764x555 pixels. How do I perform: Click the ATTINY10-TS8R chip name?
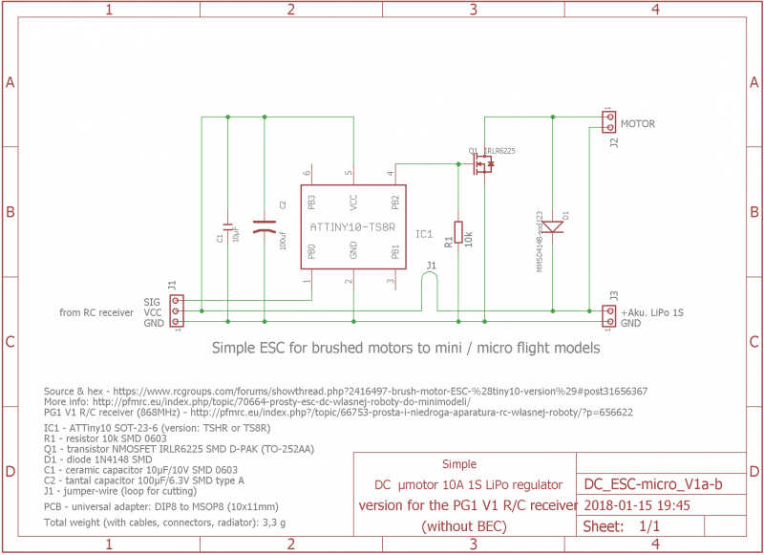[x=353, y=227]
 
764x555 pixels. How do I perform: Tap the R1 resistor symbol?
[x=458, y=232]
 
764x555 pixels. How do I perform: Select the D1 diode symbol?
[x=553, y=225]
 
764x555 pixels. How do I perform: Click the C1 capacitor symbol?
[x=228, y=226]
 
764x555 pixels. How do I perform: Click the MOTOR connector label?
[x=638, y=124]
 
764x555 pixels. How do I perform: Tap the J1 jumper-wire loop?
[x=431, y=284]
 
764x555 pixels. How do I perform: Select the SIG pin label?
[x=153, y=301]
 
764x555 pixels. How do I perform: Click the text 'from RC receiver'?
[x=96, y=312]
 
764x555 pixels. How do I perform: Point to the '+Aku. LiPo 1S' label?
[x=652, y=312]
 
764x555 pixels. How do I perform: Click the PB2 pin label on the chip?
[x=395, y=203]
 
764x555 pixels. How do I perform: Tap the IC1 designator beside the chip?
[x=424, y=233]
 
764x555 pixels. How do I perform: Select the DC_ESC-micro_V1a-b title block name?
[x=652, y=485]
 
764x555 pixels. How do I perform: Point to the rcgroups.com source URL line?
[x=346, y=392]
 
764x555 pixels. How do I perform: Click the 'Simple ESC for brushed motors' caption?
[x=405, y=348]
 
